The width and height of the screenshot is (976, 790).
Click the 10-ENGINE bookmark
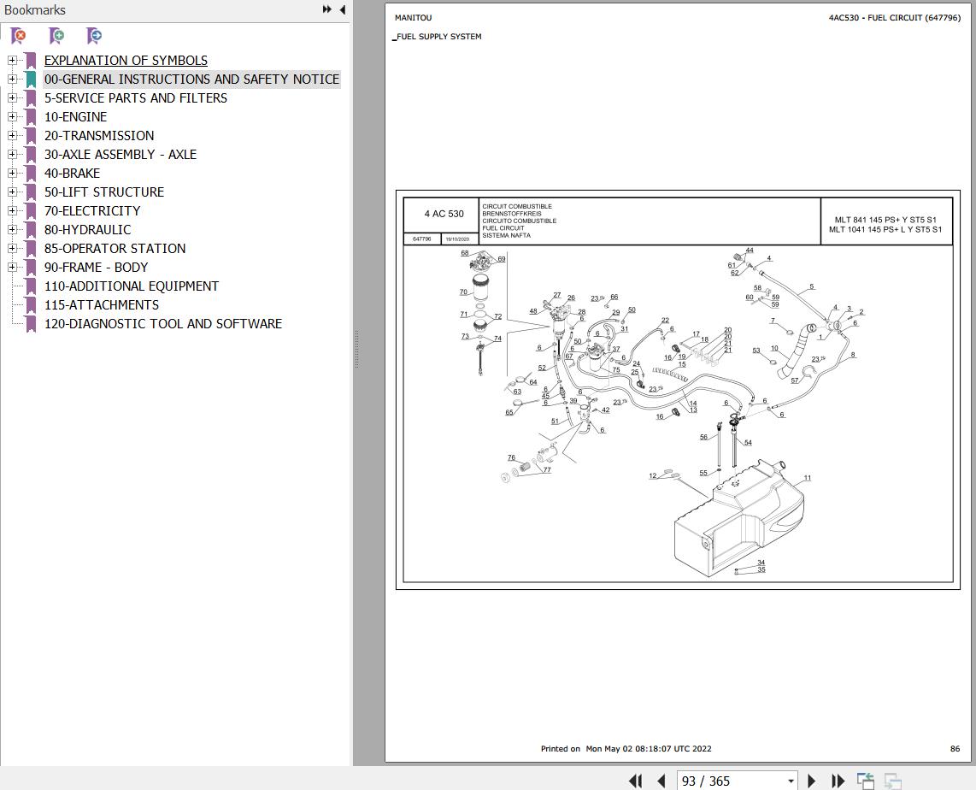point(75,117)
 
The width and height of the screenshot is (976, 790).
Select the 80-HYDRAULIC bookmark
point(87,230)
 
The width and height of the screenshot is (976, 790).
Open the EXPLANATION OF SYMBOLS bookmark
point(126,61)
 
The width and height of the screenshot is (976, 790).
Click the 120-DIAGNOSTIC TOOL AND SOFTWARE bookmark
point(162,324)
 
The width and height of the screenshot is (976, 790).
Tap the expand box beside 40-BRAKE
point(12,174)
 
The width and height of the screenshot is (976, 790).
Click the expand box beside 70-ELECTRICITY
point(12,211)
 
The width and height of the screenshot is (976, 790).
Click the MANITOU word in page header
point(413,18)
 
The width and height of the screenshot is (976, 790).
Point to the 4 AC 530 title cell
point(444,214)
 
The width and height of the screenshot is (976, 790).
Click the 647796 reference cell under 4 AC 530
point(421,239)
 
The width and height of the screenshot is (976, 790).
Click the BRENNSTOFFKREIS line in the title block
point(511,214)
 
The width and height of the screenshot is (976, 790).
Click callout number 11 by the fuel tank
point(807,479)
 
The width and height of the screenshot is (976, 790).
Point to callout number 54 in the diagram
point(748,443)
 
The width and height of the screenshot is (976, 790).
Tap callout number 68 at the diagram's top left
point(465,253)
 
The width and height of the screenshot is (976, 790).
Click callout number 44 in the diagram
point(750,251)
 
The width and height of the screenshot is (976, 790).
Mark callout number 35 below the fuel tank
point(761,570)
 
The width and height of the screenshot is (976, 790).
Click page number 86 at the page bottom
point(955,749)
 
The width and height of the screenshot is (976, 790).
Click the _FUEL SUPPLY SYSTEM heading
point(438,37)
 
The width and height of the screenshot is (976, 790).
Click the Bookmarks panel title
point(35,10)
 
